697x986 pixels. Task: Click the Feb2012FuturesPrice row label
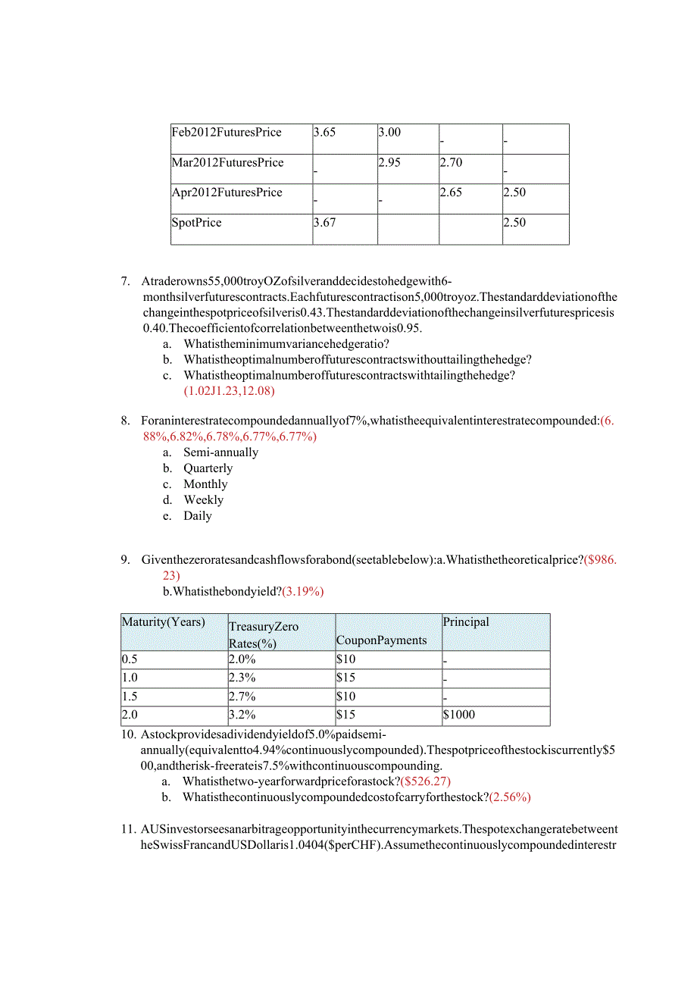coord(227,133)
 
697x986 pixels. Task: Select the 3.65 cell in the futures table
coord(324,133)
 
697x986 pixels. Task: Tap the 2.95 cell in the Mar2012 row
coord(389,163)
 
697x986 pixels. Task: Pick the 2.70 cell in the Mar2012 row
coord(451,163)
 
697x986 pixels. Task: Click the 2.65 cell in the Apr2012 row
coord(451,193)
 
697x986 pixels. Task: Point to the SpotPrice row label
coord(196,223)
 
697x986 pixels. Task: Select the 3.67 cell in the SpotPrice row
coord(324,223)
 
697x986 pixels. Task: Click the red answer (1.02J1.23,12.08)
coord(229,391)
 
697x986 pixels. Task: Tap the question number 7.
coord(126,281)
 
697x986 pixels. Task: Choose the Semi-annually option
coord(220,452)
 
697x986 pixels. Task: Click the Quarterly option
coord(208,468)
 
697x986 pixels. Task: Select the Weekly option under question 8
coord(203,500)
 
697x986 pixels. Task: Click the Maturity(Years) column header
coord(163,622)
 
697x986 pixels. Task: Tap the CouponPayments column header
coord(381,640)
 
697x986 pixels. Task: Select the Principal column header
coord(466,622)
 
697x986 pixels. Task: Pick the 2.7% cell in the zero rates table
coord(242,696)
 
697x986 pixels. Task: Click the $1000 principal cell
coord(461,715)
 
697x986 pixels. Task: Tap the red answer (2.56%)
coord(510,797)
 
